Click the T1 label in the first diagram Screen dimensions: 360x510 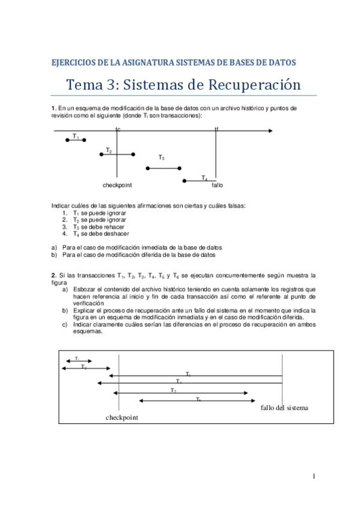pos(76,137)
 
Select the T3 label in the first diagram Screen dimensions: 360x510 pos(161,158)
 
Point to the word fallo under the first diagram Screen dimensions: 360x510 pos(217,185)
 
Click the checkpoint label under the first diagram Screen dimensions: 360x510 pos(117,185)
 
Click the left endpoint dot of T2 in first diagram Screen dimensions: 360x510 pos(102,155)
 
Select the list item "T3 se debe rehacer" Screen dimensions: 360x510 pos(99,227)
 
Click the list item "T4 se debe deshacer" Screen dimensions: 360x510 pos(100,234)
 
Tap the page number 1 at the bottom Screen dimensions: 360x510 pos(314,477)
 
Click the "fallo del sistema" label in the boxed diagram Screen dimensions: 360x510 pos(284,408)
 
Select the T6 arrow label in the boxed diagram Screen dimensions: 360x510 pos(198,399)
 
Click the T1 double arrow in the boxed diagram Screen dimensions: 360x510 pos(76,361)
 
